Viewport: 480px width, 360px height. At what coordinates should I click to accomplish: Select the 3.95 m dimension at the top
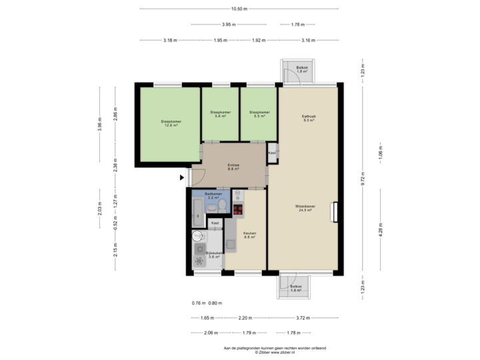tap(228, 25)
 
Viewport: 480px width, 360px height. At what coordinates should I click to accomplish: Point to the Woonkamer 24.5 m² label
tap(306, 209)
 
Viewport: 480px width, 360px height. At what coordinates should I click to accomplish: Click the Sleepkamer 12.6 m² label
tap(171, 123)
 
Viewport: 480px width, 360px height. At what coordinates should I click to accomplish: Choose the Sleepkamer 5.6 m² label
tap(220, 114)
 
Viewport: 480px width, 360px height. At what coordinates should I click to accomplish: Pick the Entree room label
tap(233, 167)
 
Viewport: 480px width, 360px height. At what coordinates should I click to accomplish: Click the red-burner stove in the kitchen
tap(238, 208)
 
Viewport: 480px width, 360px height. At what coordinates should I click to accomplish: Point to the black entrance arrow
tap(183, 177)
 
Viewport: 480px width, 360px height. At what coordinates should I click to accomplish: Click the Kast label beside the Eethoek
tap(272, 153)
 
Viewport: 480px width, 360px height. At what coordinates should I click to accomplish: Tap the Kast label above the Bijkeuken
tap(215, 223)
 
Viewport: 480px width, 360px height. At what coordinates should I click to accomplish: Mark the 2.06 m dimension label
tap(211, 332)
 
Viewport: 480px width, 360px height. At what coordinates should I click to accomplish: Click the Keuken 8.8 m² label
tap(251, 235)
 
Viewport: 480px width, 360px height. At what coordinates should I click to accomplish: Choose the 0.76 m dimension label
tap(197, 303)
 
